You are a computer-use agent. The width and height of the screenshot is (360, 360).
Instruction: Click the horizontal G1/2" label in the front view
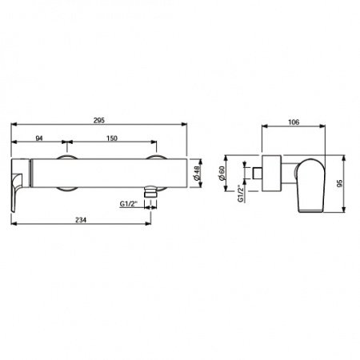click(128, 206)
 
